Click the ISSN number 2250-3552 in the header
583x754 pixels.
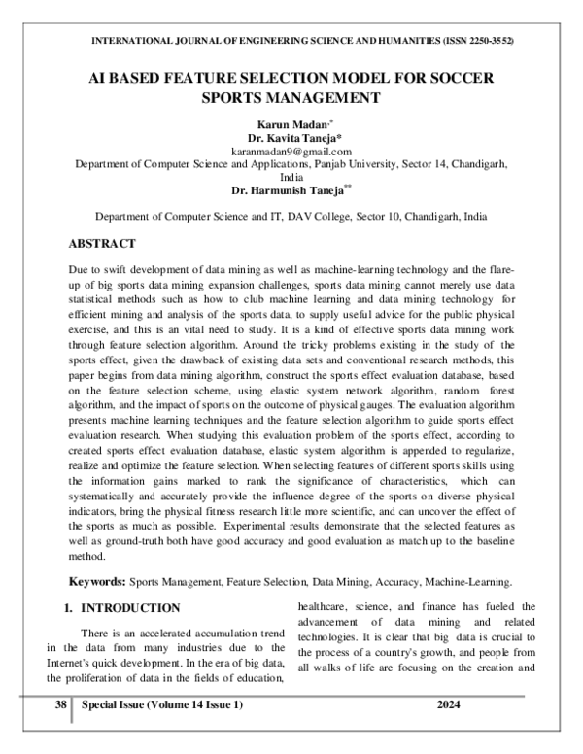tap(487, 40)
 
